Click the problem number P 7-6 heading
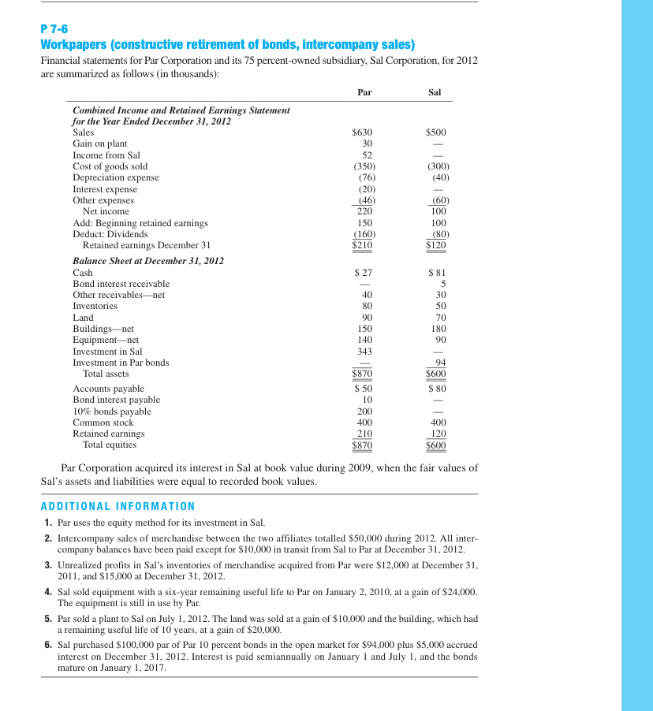tap(54, 28)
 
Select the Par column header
tap(364, 92)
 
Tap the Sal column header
tap(435, 92)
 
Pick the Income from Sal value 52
tap(367, 155)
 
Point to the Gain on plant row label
tap(99, 143)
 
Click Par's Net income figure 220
tap(364, 211)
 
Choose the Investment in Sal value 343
tap(364, 351)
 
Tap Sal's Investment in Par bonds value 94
tap(441, 363)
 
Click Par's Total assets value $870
tap(362, 374)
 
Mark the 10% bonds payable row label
tap(112, 411)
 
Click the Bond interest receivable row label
tap(121, 283)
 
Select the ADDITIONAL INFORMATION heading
tap(118, 506)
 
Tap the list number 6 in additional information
tap(49, 645)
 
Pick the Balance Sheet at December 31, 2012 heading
tap(148, 260)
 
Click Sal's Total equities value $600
tap(435, 445)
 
